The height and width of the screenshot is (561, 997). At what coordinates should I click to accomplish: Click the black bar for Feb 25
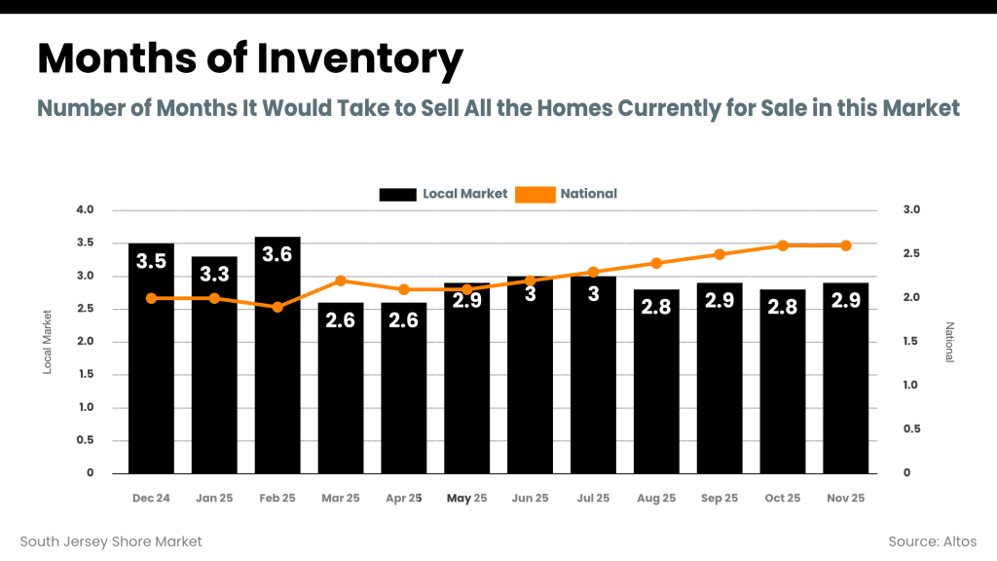tap(277, 370)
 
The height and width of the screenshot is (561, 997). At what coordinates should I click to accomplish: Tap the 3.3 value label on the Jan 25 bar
tap(214, 275)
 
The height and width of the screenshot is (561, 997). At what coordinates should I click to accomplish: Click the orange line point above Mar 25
tap(341, 280)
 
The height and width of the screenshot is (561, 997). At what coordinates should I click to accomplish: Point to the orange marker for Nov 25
tap(845, 245)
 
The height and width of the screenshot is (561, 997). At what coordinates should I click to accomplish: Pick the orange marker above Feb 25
tap(277, 307)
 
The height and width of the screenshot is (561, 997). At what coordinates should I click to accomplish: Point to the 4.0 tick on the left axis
tap(85, 210)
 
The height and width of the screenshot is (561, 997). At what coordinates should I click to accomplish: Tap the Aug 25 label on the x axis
tap(656, 498)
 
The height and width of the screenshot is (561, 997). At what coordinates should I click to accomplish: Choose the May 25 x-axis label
tap(466, 498)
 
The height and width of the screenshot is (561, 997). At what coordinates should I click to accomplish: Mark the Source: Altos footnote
tap(932, 541)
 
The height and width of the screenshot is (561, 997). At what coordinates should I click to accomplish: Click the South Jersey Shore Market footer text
tap(111, 541)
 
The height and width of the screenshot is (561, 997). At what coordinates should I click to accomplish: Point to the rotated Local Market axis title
tap(47, 342)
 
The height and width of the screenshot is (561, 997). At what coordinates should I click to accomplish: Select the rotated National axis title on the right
tap(949, 342)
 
